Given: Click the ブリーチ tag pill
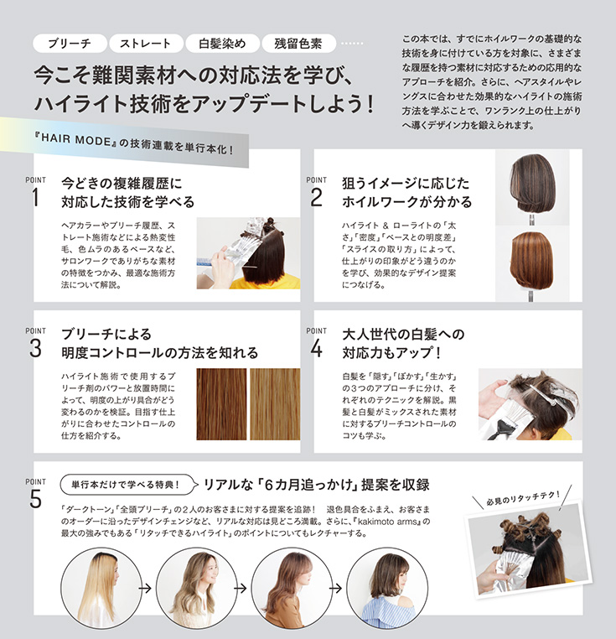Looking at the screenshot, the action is (x=70, y=44).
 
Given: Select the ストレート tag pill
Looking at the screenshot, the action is (x=146, y=44).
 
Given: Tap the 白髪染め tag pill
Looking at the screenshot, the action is (x=222, y=44).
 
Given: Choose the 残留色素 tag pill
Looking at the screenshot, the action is (x=298, y=44).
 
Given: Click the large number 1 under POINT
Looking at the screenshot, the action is (x=35, y=198).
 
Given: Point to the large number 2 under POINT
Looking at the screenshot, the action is (x=316, y=198).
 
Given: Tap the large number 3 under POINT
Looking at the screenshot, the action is (x=35, y=349).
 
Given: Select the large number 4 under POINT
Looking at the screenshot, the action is (x=317, y=349).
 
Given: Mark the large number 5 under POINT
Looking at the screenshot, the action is (x=35, y=499).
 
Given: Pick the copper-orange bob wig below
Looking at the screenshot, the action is (x=531, y=260).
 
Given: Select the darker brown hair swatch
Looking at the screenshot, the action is (x=221, y=404).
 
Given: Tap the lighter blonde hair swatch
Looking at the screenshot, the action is (x=275, y=404).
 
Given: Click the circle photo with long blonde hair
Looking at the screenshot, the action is (x=101, y=588).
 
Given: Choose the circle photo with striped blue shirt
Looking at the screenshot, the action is (x=387, y=588).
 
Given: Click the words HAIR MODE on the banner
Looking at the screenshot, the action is (x=76, y=140).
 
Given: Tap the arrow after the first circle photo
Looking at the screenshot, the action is (x=145, y=588).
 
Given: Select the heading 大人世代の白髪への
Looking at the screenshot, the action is (x=403, y=334).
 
